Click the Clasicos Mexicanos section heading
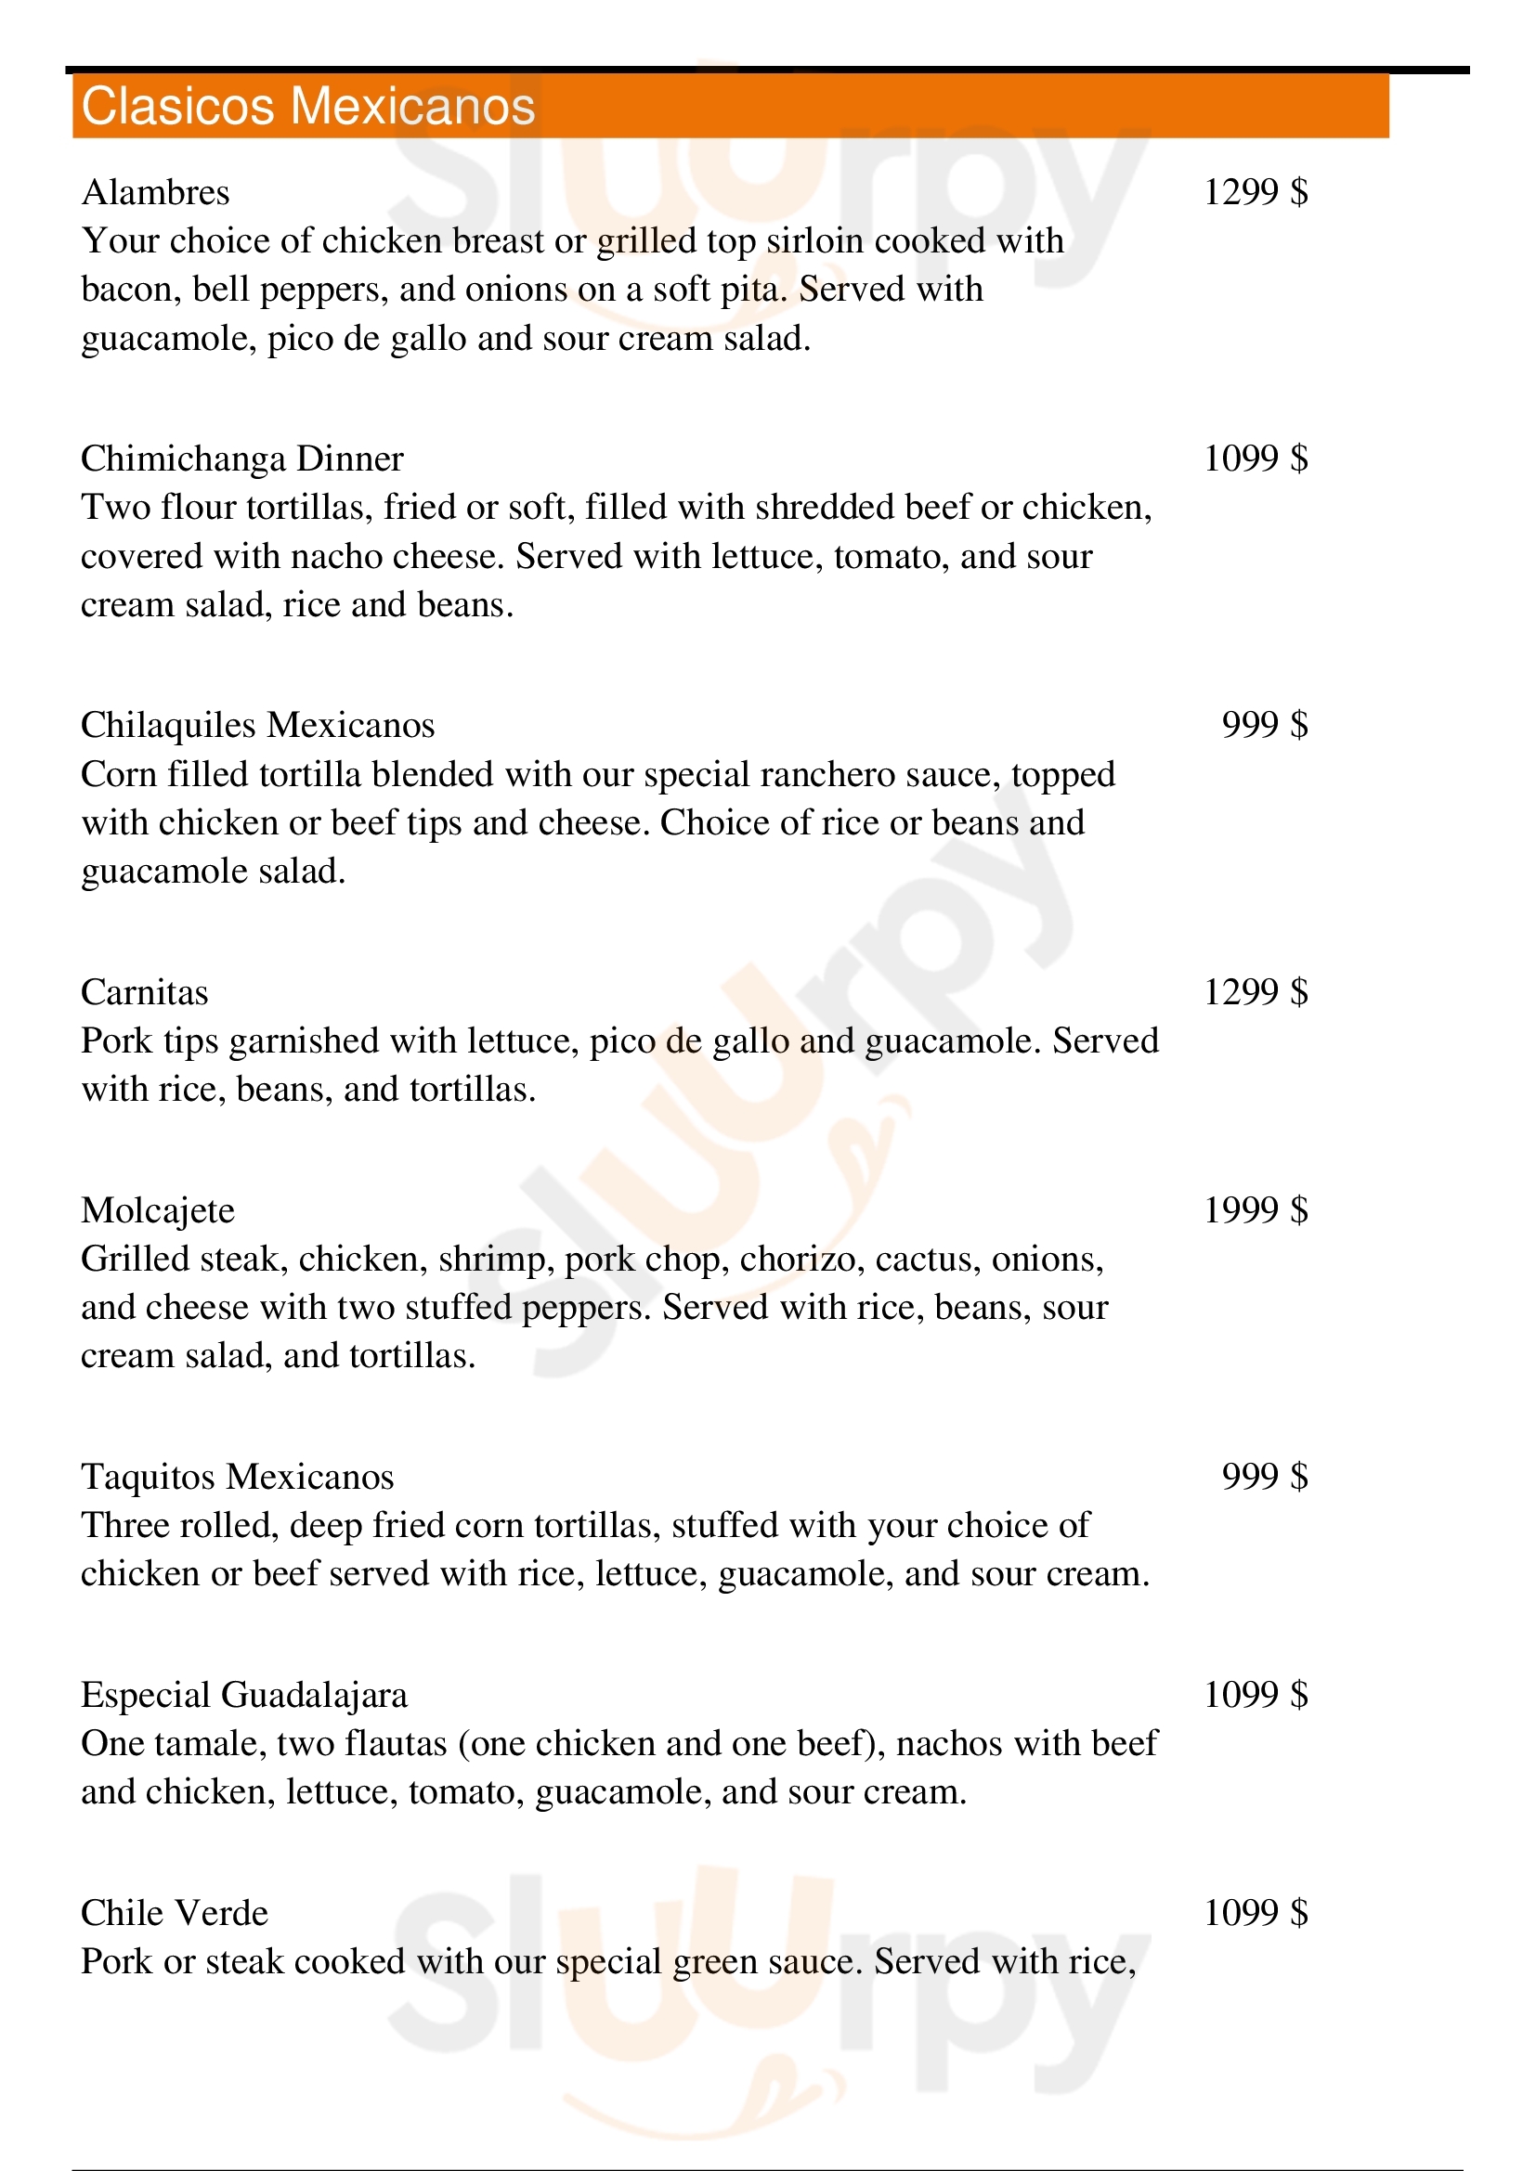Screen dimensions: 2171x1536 click(307, 106)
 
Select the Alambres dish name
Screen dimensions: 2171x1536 click(155, 193)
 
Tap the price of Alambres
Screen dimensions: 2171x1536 click(1256, 193)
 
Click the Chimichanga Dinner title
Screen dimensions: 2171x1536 click(241, 459)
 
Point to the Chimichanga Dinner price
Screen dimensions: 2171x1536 click(1256, 459)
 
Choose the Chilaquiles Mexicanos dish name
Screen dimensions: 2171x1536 click(257, 725)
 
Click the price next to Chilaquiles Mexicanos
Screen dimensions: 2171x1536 click(1265, 725)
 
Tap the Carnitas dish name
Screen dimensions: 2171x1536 click(144, 993)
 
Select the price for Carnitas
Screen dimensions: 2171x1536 click(1256, 993)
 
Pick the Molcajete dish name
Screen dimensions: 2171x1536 click(157, 1211)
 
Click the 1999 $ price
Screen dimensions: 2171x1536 click(1256, 1210)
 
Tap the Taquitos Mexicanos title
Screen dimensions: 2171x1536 click(237, 1477)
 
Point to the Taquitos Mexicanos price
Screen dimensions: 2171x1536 click(1265, 1477)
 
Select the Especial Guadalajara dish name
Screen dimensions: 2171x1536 click(243, 1696)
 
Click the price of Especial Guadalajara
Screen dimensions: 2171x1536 click(1256, 1696)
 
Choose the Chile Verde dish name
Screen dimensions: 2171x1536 click(174, 1914)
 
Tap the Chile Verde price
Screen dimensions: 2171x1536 click(1256, 1914)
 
